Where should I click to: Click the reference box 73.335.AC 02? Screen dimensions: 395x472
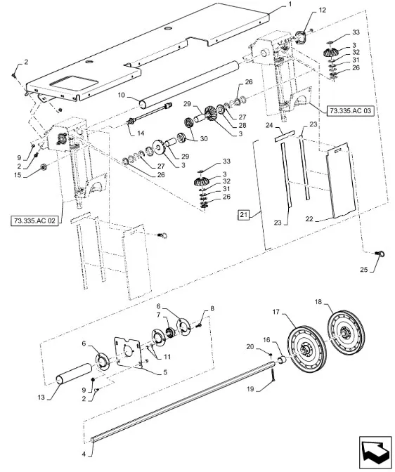[34, 221]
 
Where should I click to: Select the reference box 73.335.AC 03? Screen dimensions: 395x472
[350, 111]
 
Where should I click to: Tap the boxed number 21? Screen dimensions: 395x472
[244, 215]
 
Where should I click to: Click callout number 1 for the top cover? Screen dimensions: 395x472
[290, 4]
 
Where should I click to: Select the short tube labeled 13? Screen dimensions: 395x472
[75, 373]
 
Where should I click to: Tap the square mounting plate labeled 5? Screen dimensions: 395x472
[127, 352]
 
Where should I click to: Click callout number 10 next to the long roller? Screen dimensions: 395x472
[122, 96]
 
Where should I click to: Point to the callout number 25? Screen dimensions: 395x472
[364, 270]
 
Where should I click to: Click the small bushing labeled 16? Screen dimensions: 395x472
[281, 360]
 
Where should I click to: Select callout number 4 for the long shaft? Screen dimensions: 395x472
[84, 454]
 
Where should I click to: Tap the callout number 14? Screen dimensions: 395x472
[141, 133]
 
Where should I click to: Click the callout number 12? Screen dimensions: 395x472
[322, 11]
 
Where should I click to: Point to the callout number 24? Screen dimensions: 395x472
[269, 125]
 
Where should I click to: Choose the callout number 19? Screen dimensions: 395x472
[250, 389]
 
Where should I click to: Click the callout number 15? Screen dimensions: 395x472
[18, 175]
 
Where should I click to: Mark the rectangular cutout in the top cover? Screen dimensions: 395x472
[74, 85]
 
